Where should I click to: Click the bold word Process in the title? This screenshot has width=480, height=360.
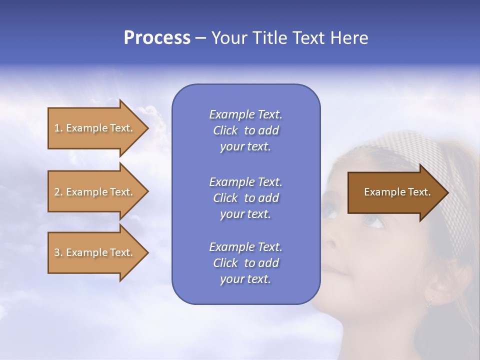point(157,38)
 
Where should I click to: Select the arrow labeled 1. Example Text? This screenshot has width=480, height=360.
point(95,128)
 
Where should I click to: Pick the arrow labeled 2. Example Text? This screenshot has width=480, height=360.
point(95,192)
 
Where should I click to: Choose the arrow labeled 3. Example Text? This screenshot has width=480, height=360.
point(95,252)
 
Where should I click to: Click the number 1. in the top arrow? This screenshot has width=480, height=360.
point(58,128)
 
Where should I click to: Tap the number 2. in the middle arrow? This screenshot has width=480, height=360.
point(58,192)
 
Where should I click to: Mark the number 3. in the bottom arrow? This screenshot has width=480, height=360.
point(58,252)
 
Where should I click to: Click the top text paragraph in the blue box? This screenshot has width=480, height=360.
point(245,130)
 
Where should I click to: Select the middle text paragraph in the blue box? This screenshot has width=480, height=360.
point(245,197)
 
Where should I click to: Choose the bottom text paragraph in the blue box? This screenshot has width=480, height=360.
point(245,263)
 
